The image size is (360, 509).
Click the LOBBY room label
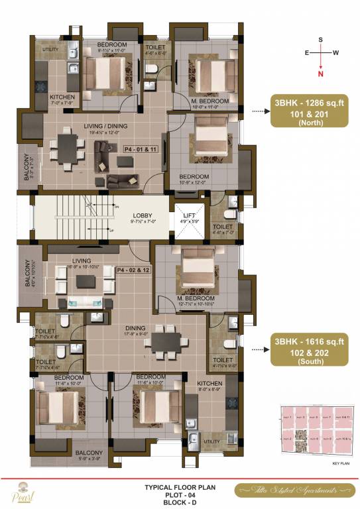pos(143,216)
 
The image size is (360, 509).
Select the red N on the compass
pos(321,74)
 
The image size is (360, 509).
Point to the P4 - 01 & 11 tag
pos(140,150)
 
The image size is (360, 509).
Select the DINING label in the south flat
pos(137,328)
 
